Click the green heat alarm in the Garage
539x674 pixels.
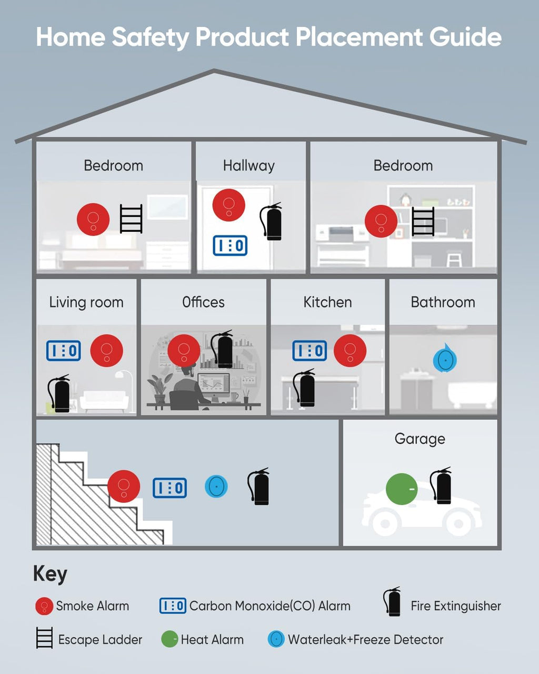pos(402,489)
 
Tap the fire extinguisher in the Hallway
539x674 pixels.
pos(271,222)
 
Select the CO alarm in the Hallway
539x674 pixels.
pos(230,245)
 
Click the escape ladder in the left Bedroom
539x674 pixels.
pos(131,219)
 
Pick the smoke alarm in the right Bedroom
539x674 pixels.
pos(381,221)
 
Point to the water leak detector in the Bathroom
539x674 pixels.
pos(445,358)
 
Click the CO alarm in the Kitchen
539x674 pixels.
pos(310,351)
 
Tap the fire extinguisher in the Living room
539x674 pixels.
pos(59,393)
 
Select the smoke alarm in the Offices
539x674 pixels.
pos(184,351)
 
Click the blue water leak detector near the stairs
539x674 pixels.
pos(216,487)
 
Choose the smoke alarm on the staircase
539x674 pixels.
pos(124,487)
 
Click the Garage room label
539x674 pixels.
pos(420,439)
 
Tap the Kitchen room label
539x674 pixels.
pos(327,302)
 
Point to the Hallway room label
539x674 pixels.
pos(248,166)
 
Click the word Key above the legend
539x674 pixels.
pos(50,574)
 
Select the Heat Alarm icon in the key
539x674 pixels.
pos(169,640)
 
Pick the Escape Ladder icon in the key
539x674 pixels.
pos(44,638)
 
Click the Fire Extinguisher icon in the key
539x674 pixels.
pos(392,602)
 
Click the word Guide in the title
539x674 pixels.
pos(465,37)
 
